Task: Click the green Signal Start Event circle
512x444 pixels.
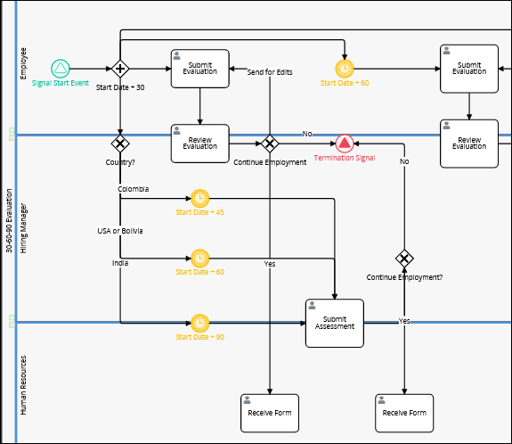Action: coord(61,69)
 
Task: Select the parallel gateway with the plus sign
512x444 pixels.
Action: coord(120,69)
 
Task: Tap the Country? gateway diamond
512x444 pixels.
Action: coord(120,144)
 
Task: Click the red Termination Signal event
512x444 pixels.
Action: coord(345,144)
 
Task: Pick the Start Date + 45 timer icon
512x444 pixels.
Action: coord(199,199)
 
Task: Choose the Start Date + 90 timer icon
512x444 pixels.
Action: coord(199,323)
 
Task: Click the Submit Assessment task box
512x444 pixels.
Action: coord(335,323)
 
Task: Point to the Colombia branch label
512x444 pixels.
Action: coord(134,189)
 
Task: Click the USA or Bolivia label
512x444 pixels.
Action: coord(120,231)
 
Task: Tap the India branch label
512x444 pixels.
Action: coord(120,263)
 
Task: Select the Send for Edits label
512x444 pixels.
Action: coord(270,72)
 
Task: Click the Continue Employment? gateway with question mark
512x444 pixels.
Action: coord(404,259)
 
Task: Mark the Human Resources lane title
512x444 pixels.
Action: coord(23,385)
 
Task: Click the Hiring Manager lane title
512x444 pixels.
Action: coord(23,228)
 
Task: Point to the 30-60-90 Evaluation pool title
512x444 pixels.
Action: coord(9,221)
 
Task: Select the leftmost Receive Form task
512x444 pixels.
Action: coord(270,414)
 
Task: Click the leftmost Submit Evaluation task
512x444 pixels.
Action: coord(199,69)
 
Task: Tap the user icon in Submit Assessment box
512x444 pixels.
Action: coord(313,306)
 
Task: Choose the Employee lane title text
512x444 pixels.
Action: coord(23,63)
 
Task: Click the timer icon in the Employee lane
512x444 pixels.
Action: coord(345,69)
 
